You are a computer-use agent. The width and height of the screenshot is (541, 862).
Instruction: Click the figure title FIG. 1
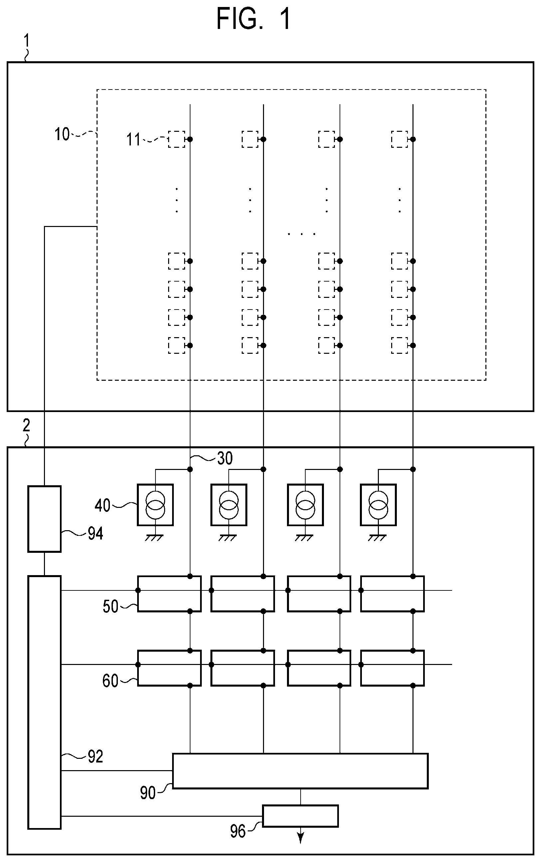253,19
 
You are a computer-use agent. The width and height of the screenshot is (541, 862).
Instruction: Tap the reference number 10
62,134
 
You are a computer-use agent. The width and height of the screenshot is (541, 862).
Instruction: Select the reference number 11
134,139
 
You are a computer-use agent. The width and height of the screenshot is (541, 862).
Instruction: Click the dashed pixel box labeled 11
177,139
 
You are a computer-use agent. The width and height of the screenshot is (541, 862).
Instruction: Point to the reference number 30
225,458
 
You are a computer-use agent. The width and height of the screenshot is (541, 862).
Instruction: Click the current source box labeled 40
155,505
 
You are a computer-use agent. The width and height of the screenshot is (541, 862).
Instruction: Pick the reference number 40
102,506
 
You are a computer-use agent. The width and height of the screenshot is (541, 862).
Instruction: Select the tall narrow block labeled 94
44,519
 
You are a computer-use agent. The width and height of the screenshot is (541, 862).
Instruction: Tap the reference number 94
96,534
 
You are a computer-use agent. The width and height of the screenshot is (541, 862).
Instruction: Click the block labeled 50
169,594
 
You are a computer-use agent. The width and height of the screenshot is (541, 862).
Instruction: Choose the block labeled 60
169,668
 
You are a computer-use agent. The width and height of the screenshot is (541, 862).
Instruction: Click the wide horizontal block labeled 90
300,771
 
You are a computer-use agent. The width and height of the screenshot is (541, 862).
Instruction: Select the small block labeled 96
300,816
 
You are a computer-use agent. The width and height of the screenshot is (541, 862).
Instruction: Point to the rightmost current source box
378,505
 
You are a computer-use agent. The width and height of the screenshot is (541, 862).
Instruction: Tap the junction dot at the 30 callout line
190,469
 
